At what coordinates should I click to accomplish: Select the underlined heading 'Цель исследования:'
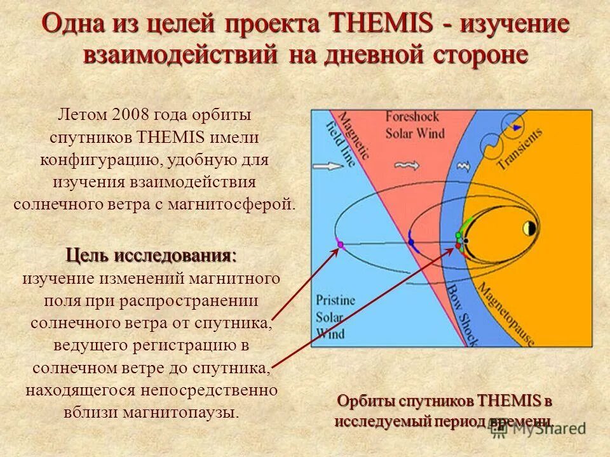click(151, 256)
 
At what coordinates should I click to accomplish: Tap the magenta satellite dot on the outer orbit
click(340, 244)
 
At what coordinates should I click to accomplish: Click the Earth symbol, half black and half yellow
click(529, 228)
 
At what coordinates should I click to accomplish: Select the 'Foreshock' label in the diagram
click(411, 117)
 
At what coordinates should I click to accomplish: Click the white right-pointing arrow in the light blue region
click(328, 167)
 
